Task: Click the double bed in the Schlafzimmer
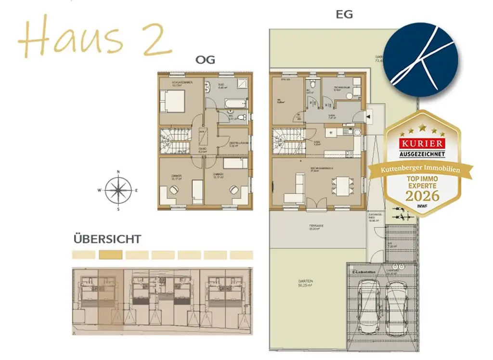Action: [172, 102]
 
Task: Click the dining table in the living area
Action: [343, 185]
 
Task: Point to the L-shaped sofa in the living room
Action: [294, 190]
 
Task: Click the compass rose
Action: [118, 190]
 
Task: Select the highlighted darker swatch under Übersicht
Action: [110, 255]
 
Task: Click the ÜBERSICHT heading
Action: [107, 239]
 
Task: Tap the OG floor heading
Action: [205, 60]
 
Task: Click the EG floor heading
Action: [344, 14]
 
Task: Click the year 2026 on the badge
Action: [422, 195]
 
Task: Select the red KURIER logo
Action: [421, 143]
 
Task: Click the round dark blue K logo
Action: [421, 61]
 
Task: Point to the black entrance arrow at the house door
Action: [368, 116]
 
